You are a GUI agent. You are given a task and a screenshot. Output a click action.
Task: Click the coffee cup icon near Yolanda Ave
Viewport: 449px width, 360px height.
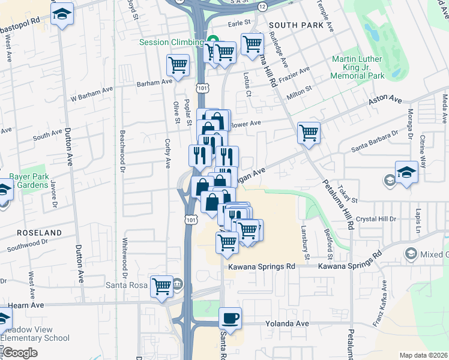[x=230, y=318]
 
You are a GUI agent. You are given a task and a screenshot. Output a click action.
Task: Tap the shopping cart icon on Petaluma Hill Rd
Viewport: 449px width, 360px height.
[x=309, y=133]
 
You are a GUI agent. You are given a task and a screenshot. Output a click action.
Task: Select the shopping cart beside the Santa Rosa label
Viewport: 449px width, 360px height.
[x=161, y=286]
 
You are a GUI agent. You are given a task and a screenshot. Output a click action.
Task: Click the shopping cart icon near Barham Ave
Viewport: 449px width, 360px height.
[x=178, y=65]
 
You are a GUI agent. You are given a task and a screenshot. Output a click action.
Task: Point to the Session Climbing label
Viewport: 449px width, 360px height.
[x=171, y=42]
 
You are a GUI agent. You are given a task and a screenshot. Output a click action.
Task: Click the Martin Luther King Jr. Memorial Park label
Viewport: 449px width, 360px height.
[x=358, y=68]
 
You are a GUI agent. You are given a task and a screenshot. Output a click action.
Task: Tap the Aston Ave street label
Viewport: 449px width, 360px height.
[x=385, y=100]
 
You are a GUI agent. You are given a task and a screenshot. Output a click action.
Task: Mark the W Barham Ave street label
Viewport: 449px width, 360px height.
[x=92, y=94]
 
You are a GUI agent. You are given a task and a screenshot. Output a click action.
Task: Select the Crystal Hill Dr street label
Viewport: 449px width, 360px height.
[x=376, y=219]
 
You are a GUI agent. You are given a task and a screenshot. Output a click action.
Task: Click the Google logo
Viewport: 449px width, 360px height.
[x=20, y=353]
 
